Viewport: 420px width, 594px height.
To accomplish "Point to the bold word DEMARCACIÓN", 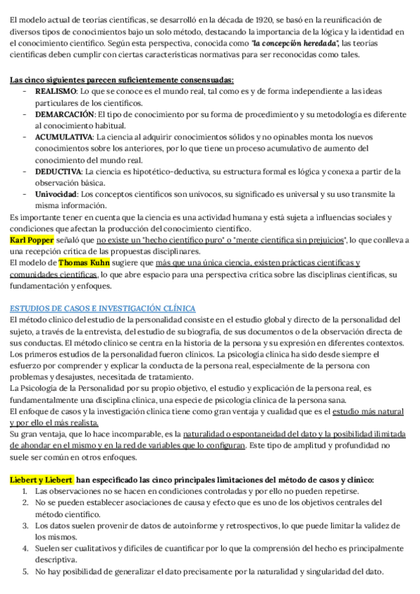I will click(x=64, y=114).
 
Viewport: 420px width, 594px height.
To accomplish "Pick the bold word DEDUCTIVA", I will click(x=59, y=171).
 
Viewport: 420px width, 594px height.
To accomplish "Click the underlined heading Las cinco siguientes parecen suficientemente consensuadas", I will click(x=121, y=81).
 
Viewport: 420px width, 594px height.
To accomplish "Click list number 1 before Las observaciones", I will click(x=25, y=491).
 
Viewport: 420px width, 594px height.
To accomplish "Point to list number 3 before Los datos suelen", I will click(x=25, y=525).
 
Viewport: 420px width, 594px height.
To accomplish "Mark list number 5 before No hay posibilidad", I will click(x=25, y=572).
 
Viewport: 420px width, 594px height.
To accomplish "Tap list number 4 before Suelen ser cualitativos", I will click(x=25, y=548).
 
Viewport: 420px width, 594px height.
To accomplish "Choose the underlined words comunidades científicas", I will click(x=52, y=275).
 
